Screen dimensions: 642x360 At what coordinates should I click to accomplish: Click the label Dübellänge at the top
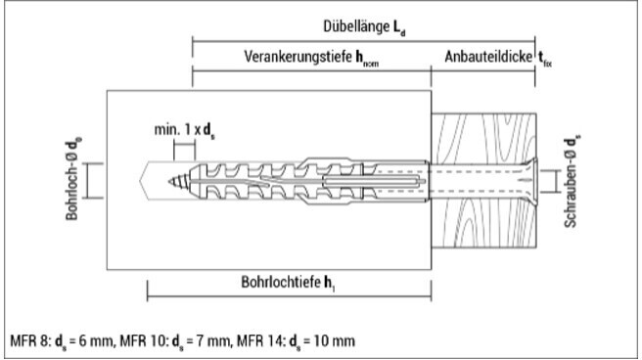pyautogui.click(x=355, y=26)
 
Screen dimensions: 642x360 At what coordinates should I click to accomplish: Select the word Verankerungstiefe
pyautogui.click(x=298, y=57)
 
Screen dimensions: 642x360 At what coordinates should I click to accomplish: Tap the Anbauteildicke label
pyautogui.click(x=488, y=57)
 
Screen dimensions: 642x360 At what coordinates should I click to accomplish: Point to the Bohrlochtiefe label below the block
pyautogui.click(x=281, y=282)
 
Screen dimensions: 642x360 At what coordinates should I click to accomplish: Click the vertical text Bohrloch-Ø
pyautogui.click(x=71, y=189)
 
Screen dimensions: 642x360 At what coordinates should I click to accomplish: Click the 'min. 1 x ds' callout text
pyautogui.click(x=184, y=130)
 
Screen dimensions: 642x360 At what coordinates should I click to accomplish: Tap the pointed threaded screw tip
pyautogui.click(x=179, y=181)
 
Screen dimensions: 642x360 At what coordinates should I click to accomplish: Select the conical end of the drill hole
pyautogui.click(x=143, y=181)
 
